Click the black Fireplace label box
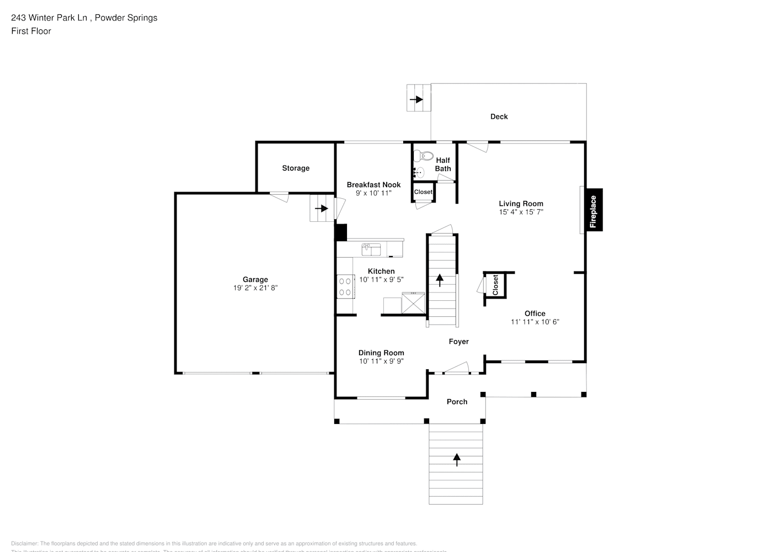point(594,210)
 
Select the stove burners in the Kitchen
point(345,286)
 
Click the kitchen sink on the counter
point(371,249)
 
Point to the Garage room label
point(255,279)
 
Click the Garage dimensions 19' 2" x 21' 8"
point(255,288)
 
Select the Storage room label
point(296,168)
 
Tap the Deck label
point(499,116)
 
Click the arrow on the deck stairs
point(416,99)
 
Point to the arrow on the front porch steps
point(456,459)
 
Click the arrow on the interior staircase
point(440,280)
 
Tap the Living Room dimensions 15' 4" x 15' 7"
point(521,212)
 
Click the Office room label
point(535,313)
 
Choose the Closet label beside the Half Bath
point(423,192)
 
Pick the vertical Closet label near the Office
point(495,285)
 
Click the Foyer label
point(458,342)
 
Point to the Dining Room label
point(381,353)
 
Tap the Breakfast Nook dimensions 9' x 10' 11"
point(373,193)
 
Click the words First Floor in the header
point(31,31)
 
